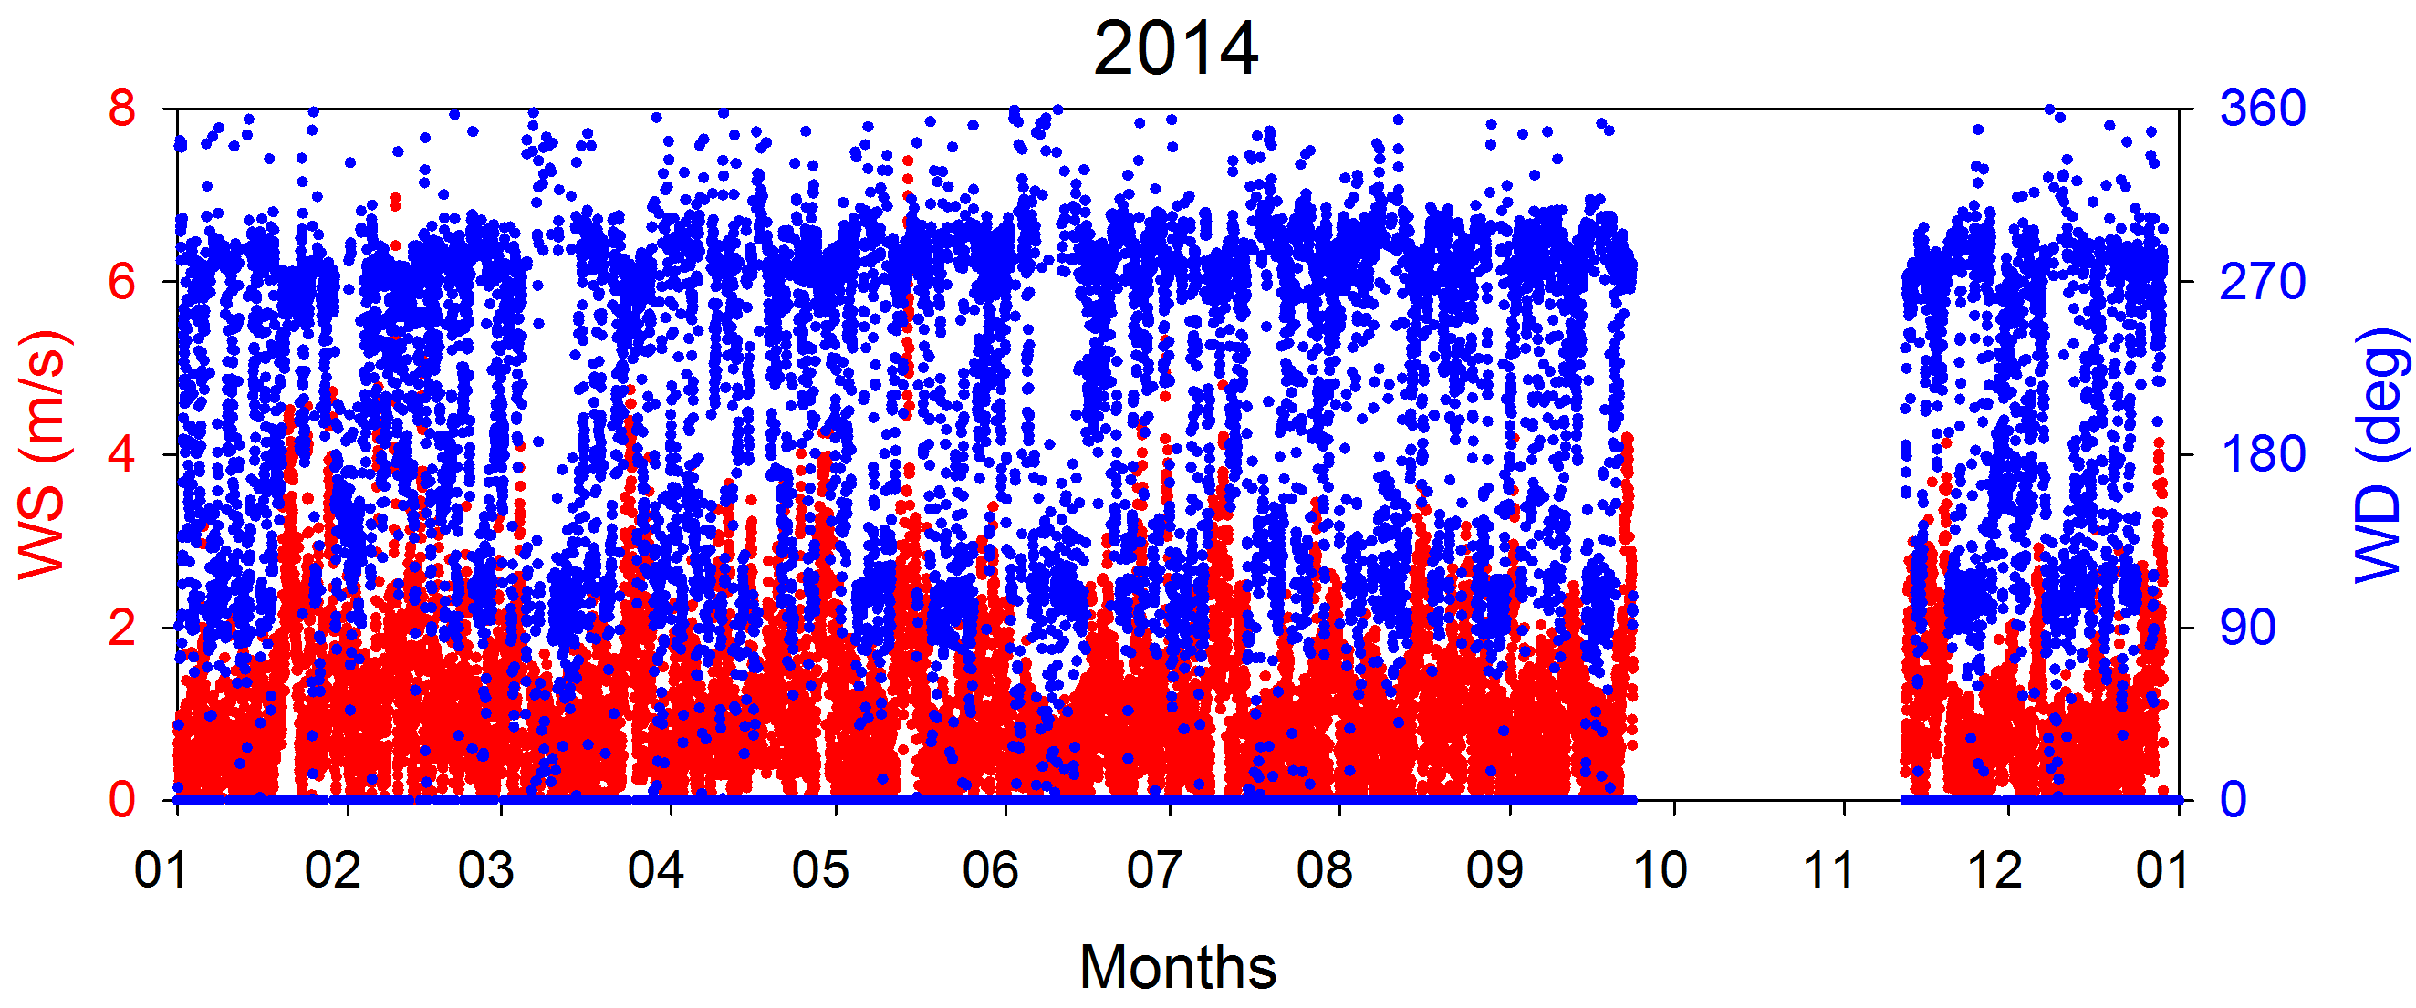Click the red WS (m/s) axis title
click(42, 454)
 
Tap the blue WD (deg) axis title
click(2380, 454)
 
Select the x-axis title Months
click(1177, 967)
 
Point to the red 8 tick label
click(122, 109)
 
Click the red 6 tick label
click(122, 281)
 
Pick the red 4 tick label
click(122, 455)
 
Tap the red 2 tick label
click(122, 628)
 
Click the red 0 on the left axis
click(122, 801)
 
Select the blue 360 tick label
click(2261, 109)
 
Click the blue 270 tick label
click(2261, 281)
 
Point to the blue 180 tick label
click(2261, 455)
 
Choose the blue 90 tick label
click(2247, 628)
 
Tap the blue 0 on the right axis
click(2234, 801)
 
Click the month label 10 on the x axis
click(1660, 870)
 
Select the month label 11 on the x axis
click(1829, 870)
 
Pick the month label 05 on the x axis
click(819, 870)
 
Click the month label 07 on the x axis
click(1154, 870)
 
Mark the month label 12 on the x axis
click(1994, 870)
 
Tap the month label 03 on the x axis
click(485, 870)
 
